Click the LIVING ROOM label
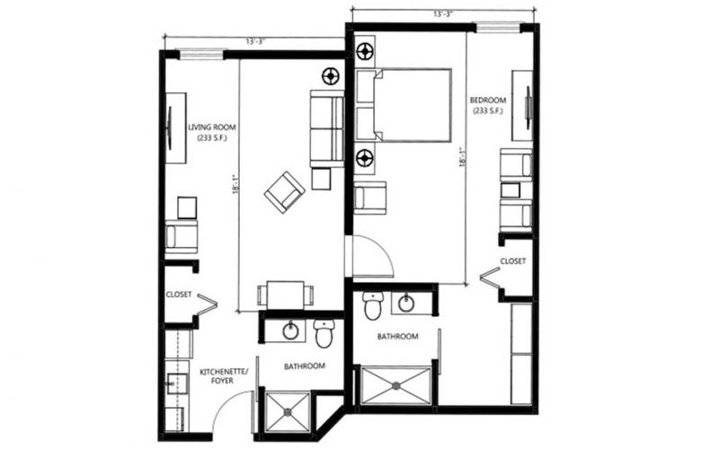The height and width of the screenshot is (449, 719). pos(212,128)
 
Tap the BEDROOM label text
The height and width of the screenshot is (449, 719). pos(488,100)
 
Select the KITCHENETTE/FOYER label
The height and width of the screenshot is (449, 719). pos(224,375)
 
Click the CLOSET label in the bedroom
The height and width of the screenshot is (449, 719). pos(512,261)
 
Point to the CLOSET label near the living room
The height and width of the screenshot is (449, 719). pos(178,295)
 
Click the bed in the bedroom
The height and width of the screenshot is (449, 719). pos(404,105)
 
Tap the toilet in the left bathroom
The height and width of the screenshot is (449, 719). pos(324,332)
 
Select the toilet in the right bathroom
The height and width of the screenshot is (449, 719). pos(372,305)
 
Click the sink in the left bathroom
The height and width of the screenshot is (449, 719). pos(290,330)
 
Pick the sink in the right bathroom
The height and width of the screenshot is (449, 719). pos(406,303)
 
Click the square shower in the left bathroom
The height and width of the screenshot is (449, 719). pos(288,412)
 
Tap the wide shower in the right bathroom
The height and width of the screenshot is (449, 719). pos(396,385)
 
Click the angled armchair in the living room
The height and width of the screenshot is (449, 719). pos(284,192)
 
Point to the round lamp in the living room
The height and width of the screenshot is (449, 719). pos(330,76)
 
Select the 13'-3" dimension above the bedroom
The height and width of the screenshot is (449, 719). pos(443,13)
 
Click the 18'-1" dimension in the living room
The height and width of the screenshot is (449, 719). pos(236,184)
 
